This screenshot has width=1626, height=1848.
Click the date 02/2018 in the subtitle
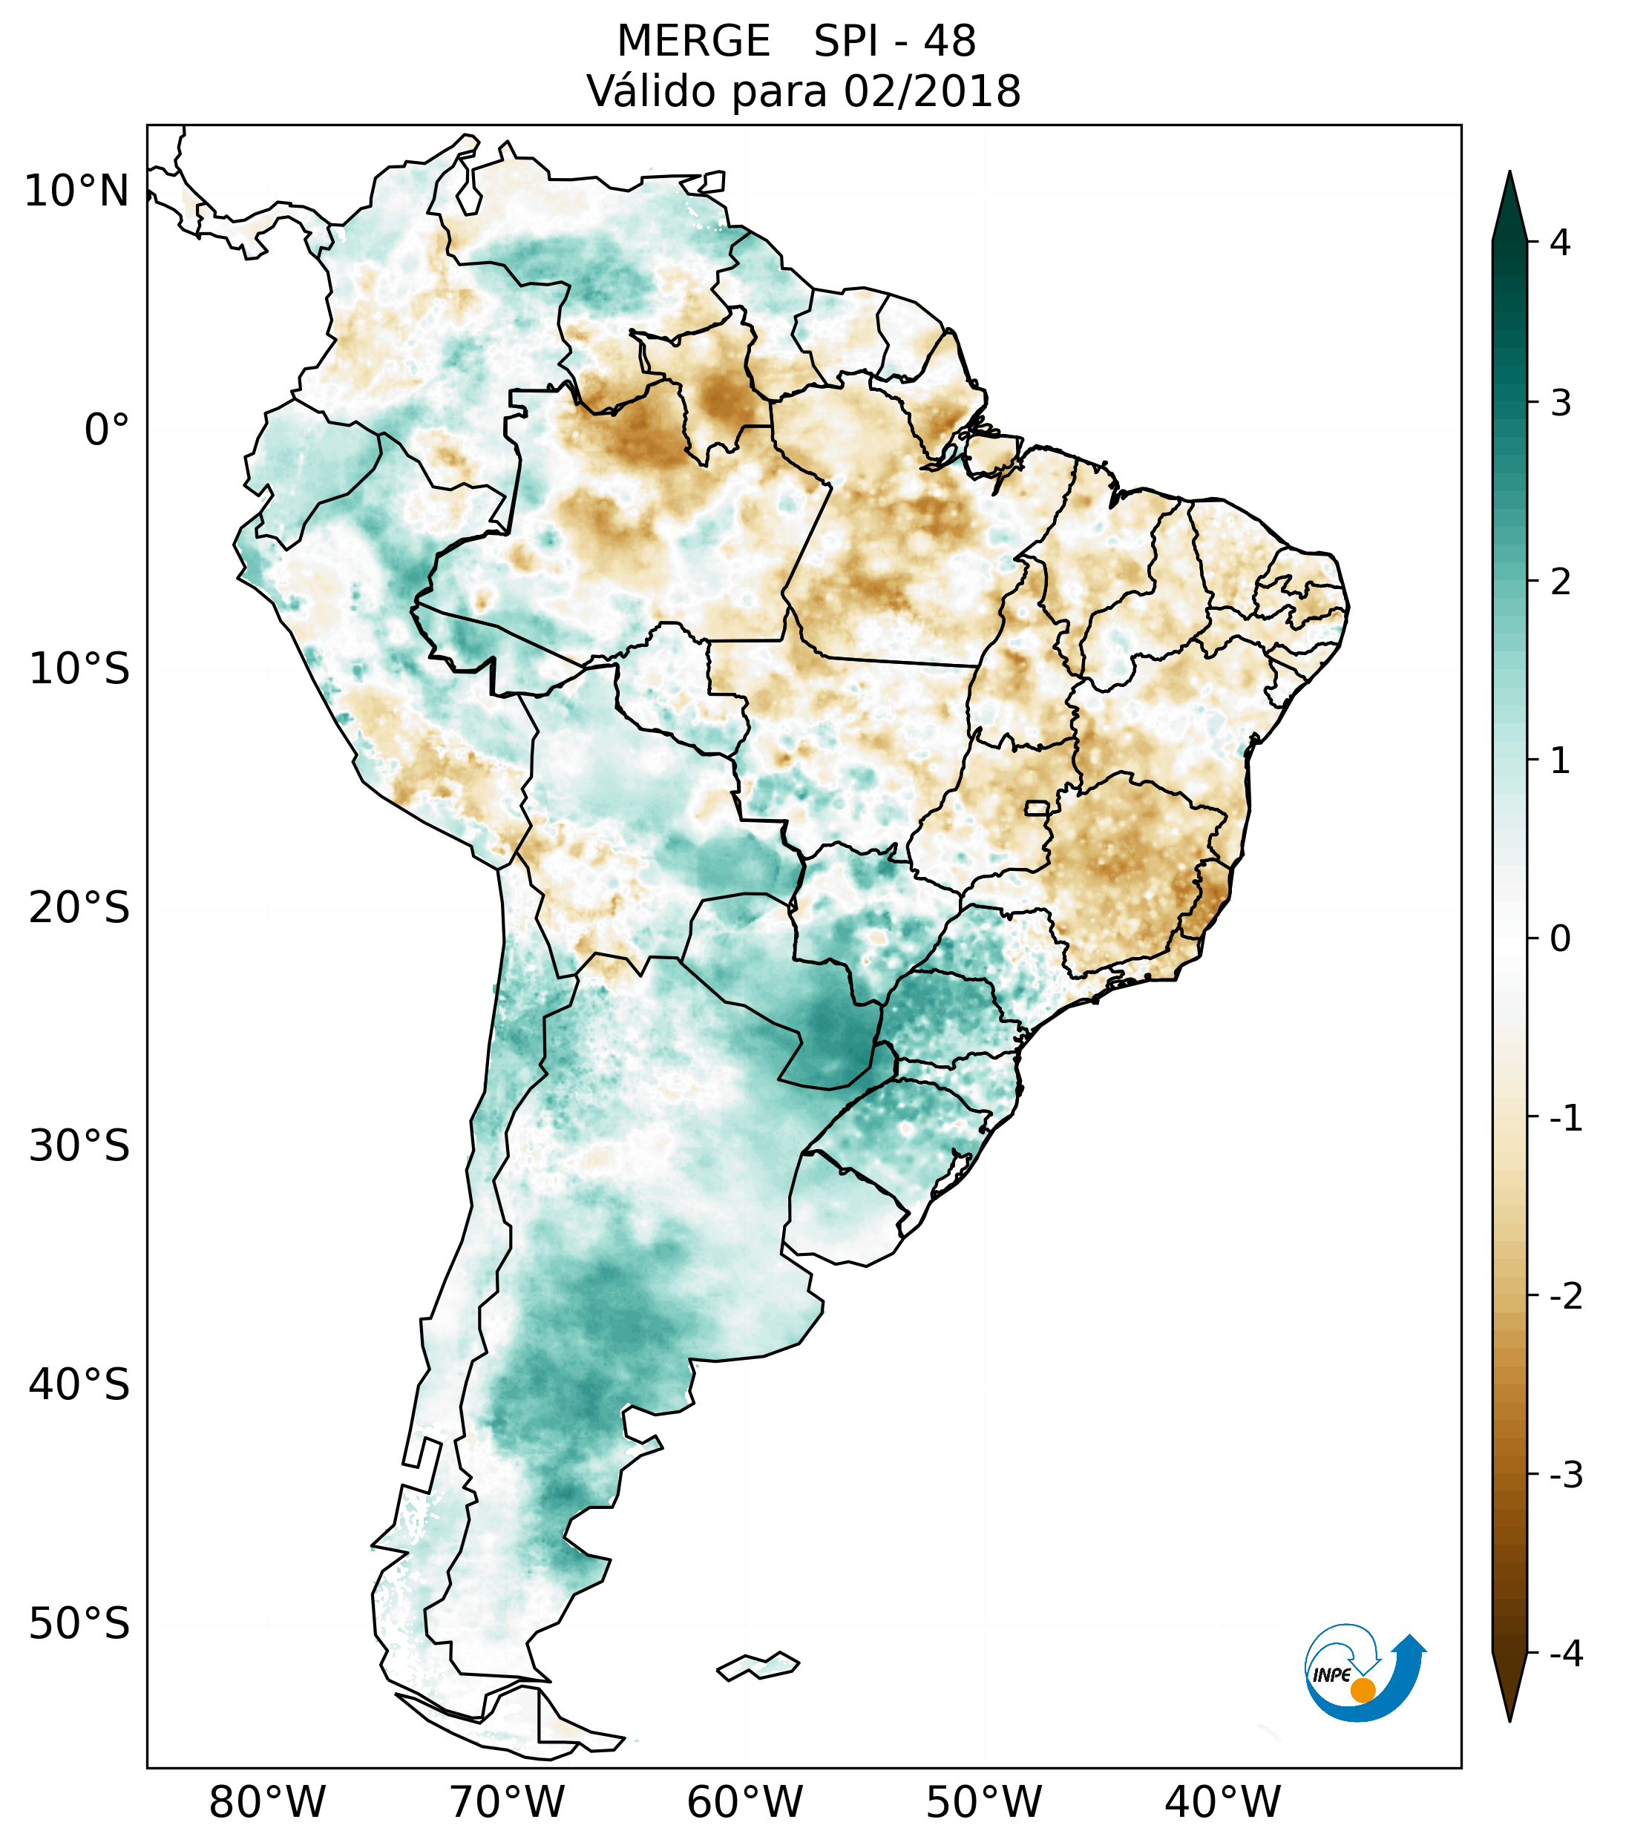(931, 92)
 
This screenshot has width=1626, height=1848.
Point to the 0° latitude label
(107, 430)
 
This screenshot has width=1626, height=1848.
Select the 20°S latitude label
(79, 908)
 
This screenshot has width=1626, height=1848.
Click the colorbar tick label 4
(1560, 243)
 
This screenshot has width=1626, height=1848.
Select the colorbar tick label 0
(1560, 939)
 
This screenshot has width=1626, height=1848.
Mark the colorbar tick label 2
(1560, 582)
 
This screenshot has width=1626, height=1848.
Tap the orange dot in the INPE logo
(1363, 1690)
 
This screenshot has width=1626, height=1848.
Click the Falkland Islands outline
(758, 1665)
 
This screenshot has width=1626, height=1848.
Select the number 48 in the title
(950, 42)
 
